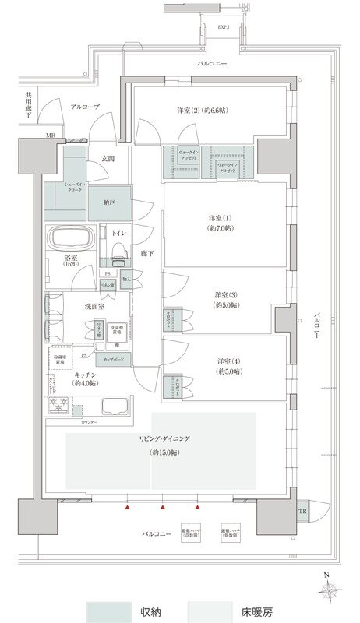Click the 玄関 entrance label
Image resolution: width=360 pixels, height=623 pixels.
coord(108,159)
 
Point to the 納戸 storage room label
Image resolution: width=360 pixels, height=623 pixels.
coord(109,202)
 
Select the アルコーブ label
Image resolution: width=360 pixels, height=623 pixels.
coord(84,106)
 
